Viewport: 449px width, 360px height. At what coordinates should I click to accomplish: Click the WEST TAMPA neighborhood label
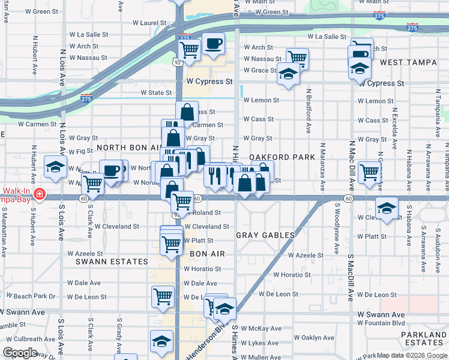[408, 62]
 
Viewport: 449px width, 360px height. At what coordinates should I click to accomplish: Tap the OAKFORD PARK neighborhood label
[282, 157]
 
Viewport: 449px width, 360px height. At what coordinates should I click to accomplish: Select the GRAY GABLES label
[265, 235]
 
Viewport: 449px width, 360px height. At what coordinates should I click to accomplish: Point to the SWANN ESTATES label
[112, 262]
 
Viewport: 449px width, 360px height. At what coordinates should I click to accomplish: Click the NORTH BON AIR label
[127, 147]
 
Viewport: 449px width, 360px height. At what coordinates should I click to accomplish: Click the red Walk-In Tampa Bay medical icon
[39, 194]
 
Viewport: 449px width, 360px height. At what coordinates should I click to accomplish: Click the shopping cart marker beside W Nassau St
[297, 58]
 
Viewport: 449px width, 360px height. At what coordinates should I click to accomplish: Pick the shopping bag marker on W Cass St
[187, 111]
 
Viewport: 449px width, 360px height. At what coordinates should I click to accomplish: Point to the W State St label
[156, 93]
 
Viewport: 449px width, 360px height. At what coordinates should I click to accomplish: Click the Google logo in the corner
[20, 353]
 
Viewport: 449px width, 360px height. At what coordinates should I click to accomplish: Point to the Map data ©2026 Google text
[411, 355]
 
